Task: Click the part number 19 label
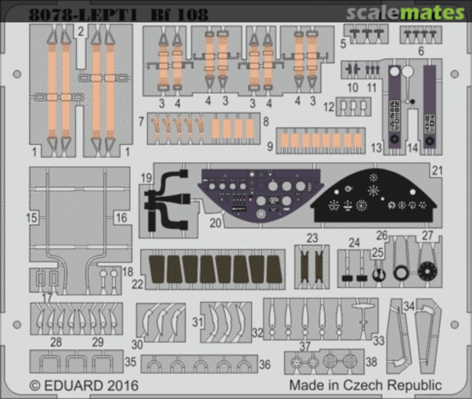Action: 146,178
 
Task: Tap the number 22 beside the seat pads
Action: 137,284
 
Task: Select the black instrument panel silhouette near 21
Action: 375,195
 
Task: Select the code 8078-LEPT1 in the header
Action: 83,15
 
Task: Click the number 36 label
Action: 265,364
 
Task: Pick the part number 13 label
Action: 376,148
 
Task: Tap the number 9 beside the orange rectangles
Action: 270,146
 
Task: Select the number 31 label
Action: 198,323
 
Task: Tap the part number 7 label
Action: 141,121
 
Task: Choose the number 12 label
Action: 329,107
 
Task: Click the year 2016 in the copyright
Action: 121,386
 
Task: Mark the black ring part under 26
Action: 400,273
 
